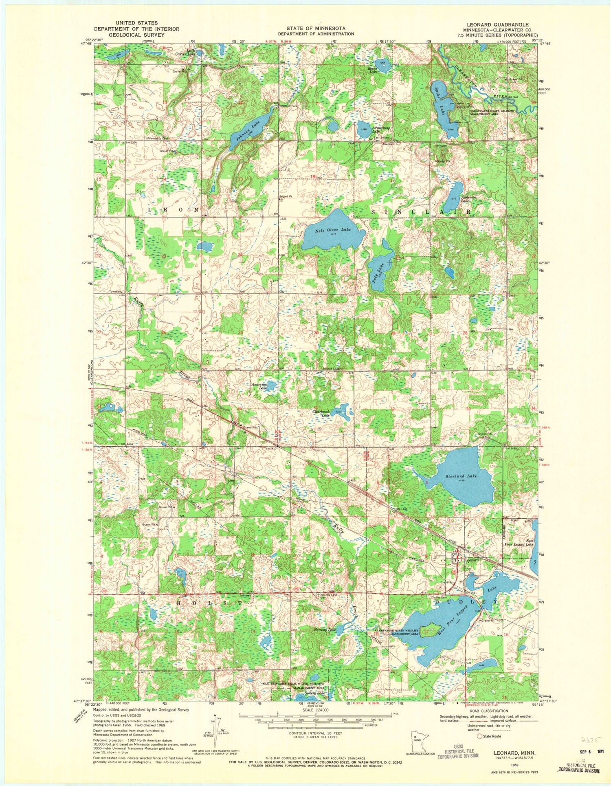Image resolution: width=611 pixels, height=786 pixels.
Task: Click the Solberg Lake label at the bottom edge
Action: coord(315,693)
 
